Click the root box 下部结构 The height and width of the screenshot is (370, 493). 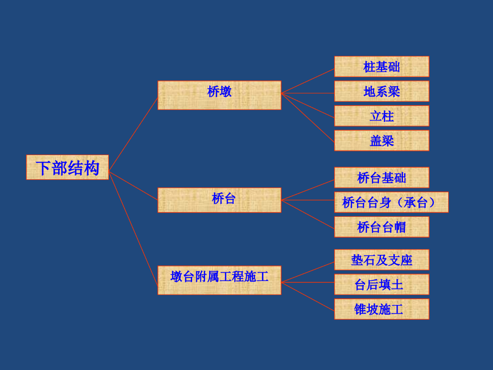[67, 167]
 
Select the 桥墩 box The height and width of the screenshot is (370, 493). [219, 95]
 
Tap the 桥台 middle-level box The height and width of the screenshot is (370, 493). [219, 199]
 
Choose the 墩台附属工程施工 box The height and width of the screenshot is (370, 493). [219, 279]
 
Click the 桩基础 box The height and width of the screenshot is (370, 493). [381, 66]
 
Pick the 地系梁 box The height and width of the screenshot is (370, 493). [381, 91]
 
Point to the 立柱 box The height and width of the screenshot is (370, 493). [381, 116]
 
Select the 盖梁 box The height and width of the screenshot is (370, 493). [381, 140]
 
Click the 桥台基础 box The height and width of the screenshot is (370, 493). [381, 177]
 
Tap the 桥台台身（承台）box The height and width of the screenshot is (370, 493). [391, 202]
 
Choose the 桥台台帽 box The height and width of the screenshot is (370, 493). [381, 226]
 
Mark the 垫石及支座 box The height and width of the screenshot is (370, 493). [381, 260]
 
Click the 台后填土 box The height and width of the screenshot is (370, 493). [381, 284]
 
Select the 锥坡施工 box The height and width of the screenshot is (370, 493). [381, 309]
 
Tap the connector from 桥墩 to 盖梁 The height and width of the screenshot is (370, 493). [308, 117]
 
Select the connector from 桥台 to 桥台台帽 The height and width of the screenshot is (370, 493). [308, 213]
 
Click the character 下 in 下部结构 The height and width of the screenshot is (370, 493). [43, 168]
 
